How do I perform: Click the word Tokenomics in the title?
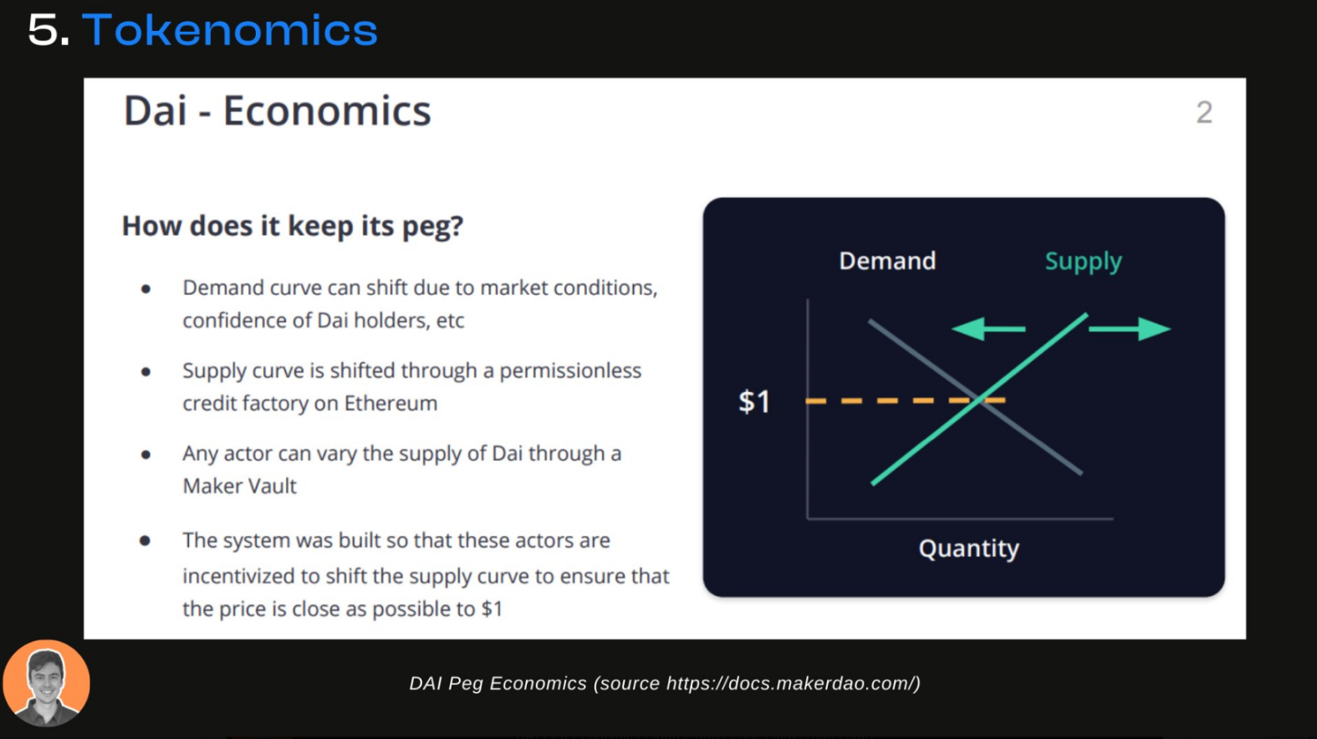click(230, 30)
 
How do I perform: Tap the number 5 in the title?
click(43, 31)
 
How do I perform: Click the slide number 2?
click(1204, 112)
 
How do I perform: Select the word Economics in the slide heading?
click(327, 110)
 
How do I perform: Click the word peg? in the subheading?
click(433, 227)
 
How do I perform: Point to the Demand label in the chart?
click(887, 261)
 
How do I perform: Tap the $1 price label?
click(754, 401)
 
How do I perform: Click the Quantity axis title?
click(969, 548)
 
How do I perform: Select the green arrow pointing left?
click(988, 329)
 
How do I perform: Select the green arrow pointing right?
click(1130, 329)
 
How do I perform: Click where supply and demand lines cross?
click(979, 400)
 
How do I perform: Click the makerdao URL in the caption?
click(790, 683)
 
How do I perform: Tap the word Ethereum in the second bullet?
click(391, 403)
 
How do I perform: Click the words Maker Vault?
click(240, 487)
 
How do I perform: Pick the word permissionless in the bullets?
click(570, 371)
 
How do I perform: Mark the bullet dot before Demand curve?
click(145, 288)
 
